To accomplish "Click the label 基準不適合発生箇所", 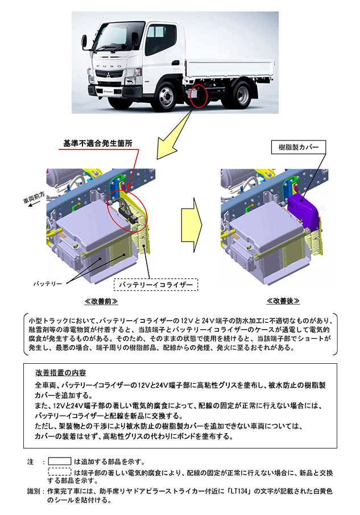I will [x=98, y=144].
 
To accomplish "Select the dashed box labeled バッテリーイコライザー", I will [x=156, y=284].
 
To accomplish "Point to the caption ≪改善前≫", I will [x=101, y=301].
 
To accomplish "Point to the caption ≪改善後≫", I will [x=283, y=301].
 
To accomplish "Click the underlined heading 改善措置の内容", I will [x=60, y=373].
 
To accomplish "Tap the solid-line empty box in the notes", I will [x=59, y=461].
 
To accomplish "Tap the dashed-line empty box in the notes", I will [x=59, y=472].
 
